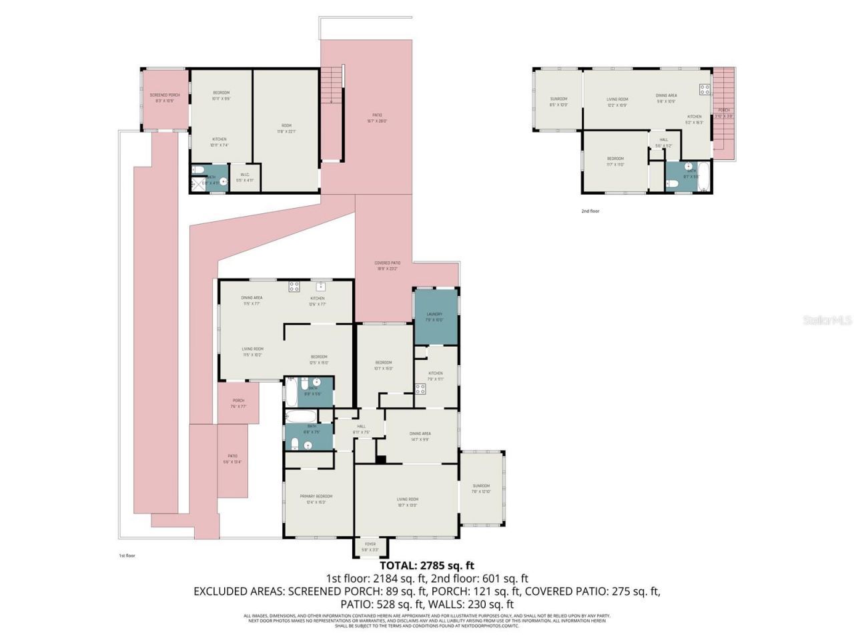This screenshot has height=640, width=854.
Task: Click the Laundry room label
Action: coord(434,314)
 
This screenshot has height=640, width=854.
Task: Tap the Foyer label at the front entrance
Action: coord(369,545)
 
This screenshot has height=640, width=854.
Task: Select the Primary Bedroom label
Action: coord(316,497)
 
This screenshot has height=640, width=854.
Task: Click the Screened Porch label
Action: coord(164,95)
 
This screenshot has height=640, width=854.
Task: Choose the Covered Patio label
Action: coord(387,263)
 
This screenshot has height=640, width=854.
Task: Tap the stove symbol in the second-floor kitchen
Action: coord(704,89)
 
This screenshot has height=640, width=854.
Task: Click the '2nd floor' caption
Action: coord(590,211)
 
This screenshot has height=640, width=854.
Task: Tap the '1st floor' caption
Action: coord(127,555)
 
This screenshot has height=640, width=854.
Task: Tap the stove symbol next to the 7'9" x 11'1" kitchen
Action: coord(420,388)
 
